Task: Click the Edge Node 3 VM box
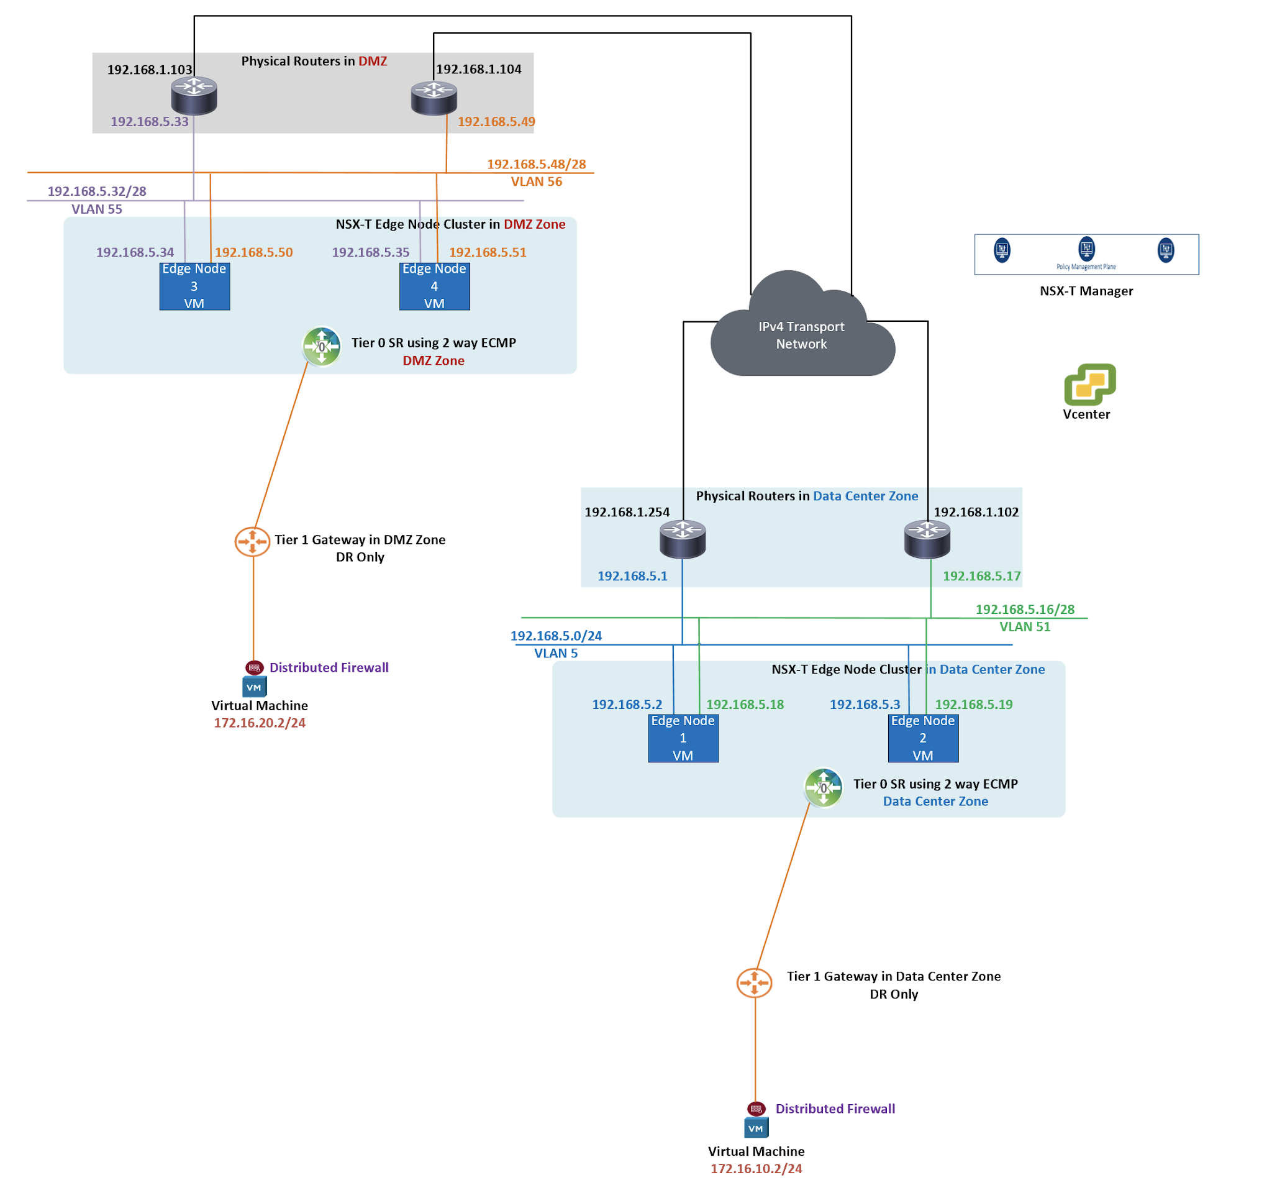pyautogui.click(x=194, y=286)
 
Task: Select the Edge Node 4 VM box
pyautogui.click(x=434, y=286)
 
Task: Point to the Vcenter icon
pyautogui.click(x=1089, y=384)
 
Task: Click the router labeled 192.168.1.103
pyautogui.click(x=194, y=96)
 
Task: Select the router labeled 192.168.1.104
pyautogui.click(x=434, y=98)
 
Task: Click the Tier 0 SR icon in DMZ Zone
pyautogui.click(x=321, y=346)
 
